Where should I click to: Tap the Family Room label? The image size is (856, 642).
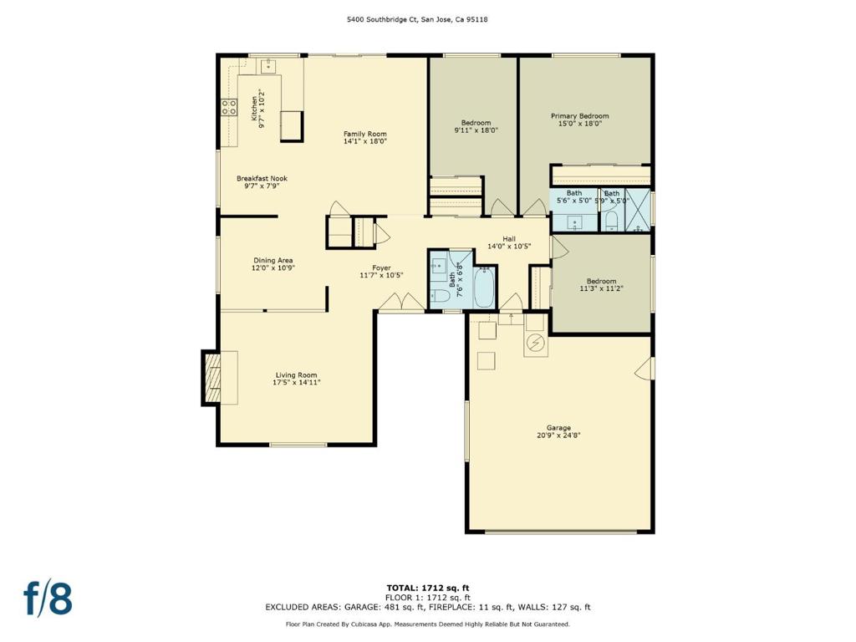click(364, 134)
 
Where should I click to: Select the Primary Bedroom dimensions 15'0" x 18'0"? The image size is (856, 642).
click(579, 124)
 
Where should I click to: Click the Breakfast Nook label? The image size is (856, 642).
click(262, 179)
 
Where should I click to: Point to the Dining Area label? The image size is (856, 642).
click(273, 261)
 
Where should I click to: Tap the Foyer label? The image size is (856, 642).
click(381, 268)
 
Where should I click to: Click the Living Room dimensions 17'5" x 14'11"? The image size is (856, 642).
click(297, 383)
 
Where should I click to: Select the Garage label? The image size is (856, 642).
click(558, 428)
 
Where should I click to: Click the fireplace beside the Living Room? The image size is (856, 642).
click(211, 378)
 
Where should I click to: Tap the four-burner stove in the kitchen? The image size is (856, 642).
click(229, 107)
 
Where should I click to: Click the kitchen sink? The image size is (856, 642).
click(268, 65)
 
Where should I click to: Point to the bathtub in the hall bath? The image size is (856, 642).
click(484, 288)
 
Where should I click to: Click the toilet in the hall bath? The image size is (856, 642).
click(440, 296)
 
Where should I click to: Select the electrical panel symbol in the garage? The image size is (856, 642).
click(536, 343)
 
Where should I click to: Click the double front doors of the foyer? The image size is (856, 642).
click(402, 303)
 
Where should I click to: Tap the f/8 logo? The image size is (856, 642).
click(48, 599)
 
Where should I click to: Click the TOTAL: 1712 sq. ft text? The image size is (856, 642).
click(428, 588)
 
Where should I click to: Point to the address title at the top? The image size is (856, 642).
click(418, 19)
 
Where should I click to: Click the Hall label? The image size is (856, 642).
click(509, 238)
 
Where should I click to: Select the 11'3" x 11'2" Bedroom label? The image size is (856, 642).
click(601, 285)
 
